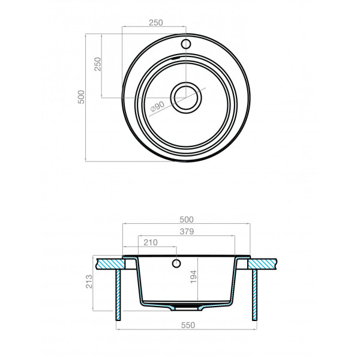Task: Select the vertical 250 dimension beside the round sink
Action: [98, 64]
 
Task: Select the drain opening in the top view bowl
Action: [185, 97]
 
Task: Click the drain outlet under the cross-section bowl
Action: [187, 307]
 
